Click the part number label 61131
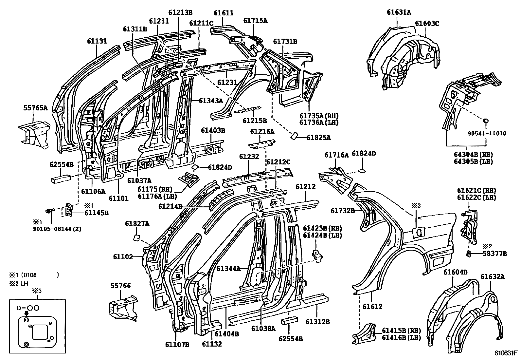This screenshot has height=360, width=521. point(97,41)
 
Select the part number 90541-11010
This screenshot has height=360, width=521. point(487,133)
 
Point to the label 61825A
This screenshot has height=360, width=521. point(318,138)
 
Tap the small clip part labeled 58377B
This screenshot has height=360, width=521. point(469,253)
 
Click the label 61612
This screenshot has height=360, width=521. point(372,307)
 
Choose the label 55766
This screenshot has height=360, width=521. point(120,286)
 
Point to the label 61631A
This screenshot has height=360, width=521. point(399,12)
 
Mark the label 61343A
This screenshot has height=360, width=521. point(211,101)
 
